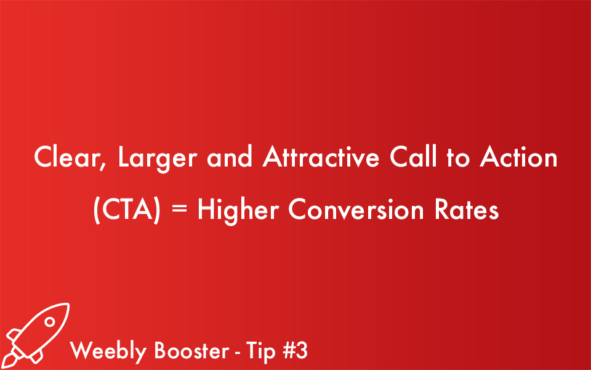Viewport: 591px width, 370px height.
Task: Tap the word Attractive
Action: pyautogui.click(x=318, y=158)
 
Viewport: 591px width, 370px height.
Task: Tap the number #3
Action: pyautogui.click(x=295, y=351)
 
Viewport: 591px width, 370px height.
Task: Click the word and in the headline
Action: pyautogui.click(x=229, y=158)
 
